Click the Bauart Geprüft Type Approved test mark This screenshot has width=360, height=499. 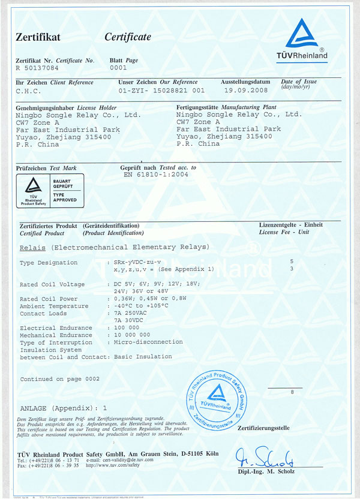click(50, 190)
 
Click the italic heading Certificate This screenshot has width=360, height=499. click(128, 37)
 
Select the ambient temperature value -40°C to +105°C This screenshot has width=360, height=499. click(146, 306)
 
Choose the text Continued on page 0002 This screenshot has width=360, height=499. click(59, 379)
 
